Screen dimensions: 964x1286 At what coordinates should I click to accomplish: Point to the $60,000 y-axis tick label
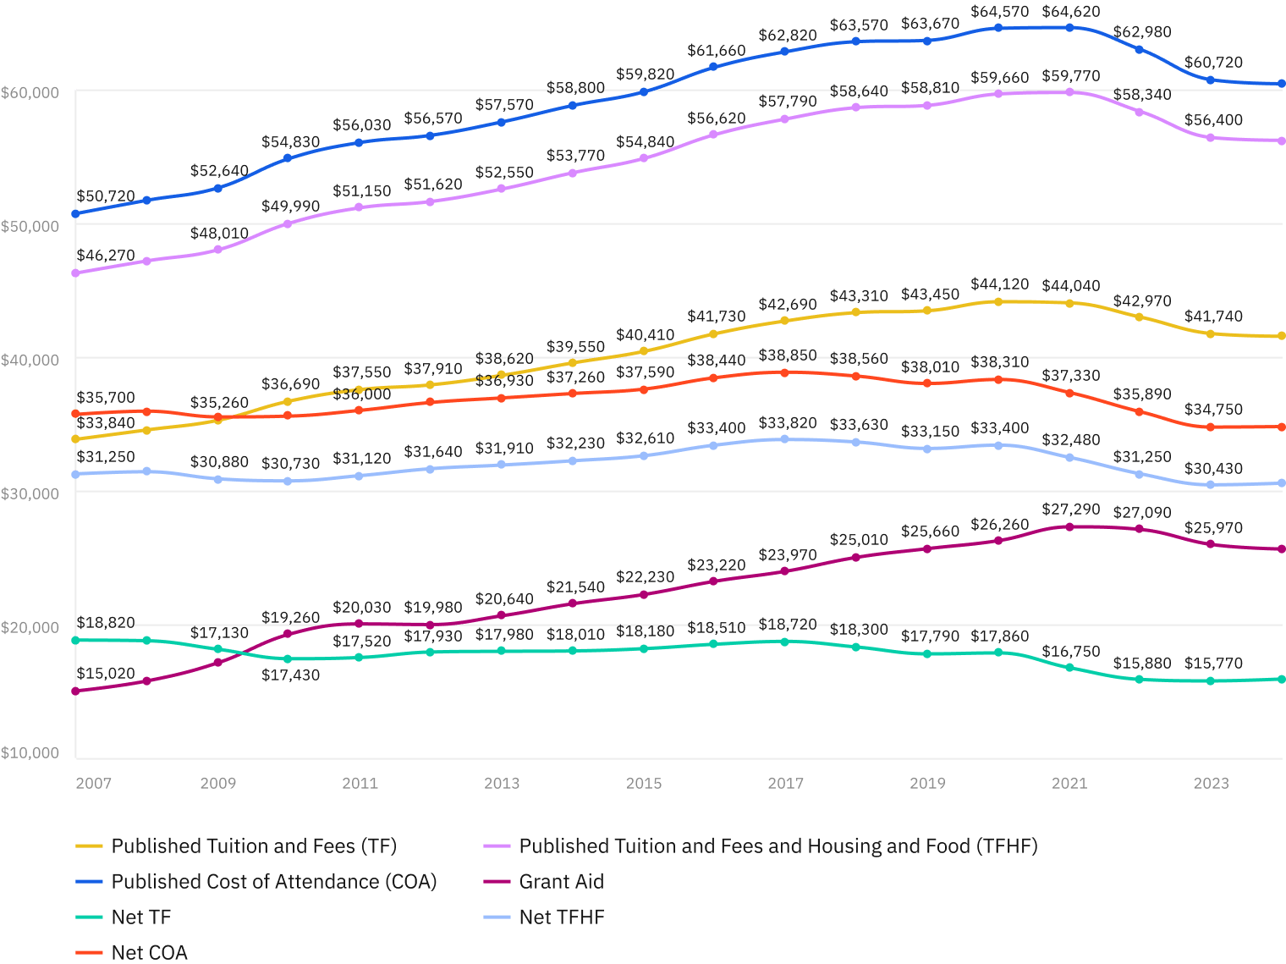click(x=30, y=92)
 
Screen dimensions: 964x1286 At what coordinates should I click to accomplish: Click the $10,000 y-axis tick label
click(x=30, y=752)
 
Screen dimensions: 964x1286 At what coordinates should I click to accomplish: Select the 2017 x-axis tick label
click(x=785, y=783)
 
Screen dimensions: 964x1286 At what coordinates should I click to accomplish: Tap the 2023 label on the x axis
click(x=1211, y=783)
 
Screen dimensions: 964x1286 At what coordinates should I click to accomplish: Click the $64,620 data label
click(x=1070, y=12)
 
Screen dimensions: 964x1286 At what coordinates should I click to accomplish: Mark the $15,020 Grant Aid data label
click(x=106, y=674)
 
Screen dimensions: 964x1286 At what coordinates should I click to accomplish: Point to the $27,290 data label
click(x=1070, y=510)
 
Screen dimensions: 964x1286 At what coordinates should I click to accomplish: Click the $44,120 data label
click(x=999, y=284)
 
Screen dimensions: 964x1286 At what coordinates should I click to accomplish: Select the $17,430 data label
click(x=290, y=675)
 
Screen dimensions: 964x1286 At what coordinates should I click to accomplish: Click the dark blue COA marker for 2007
click(x=75, y=213)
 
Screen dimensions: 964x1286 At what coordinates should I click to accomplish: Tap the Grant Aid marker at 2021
click(x=1069, y=526)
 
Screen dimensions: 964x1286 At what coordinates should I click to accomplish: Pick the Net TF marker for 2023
click(x=1211, y=680)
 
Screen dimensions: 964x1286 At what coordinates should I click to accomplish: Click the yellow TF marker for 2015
click(x=643, y=350)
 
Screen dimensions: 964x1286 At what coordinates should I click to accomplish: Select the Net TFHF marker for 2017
click(x=784, y=438)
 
